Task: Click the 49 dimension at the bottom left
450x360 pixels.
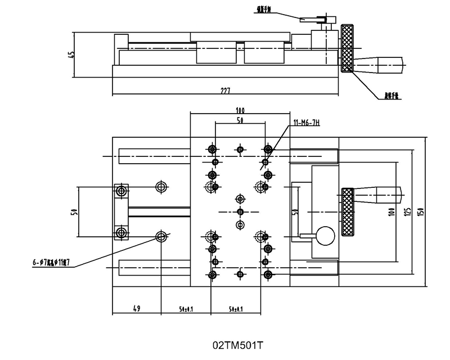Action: click(136, 308)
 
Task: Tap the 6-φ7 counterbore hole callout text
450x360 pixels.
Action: click(52, 262)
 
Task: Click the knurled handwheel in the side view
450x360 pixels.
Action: click(345, 49)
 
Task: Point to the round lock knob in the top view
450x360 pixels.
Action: click(325, 235)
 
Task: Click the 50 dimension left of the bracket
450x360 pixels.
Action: click(74, 211)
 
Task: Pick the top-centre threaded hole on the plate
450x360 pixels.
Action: click(240, 149)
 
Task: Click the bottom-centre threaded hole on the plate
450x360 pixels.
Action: click(240, 274)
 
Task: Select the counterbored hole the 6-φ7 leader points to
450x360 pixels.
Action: click(161, 236)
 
